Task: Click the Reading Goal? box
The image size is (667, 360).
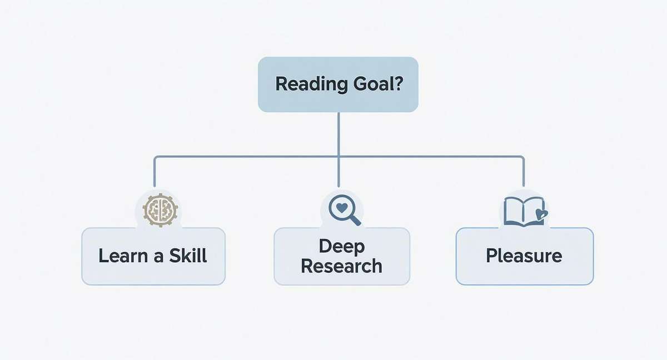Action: tap(338, 84)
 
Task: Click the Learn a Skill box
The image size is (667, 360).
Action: tap(153, 256)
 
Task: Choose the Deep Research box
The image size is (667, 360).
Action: tap(341, 256)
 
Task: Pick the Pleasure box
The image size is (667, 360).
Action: tap(524, 256)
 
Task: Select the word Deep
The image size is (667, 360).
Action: tap(341, 246)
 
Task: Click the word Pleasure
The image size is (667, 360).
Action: tap(524, 256)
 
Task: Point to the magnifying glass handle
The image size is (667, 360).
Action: tap(354, 220)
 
